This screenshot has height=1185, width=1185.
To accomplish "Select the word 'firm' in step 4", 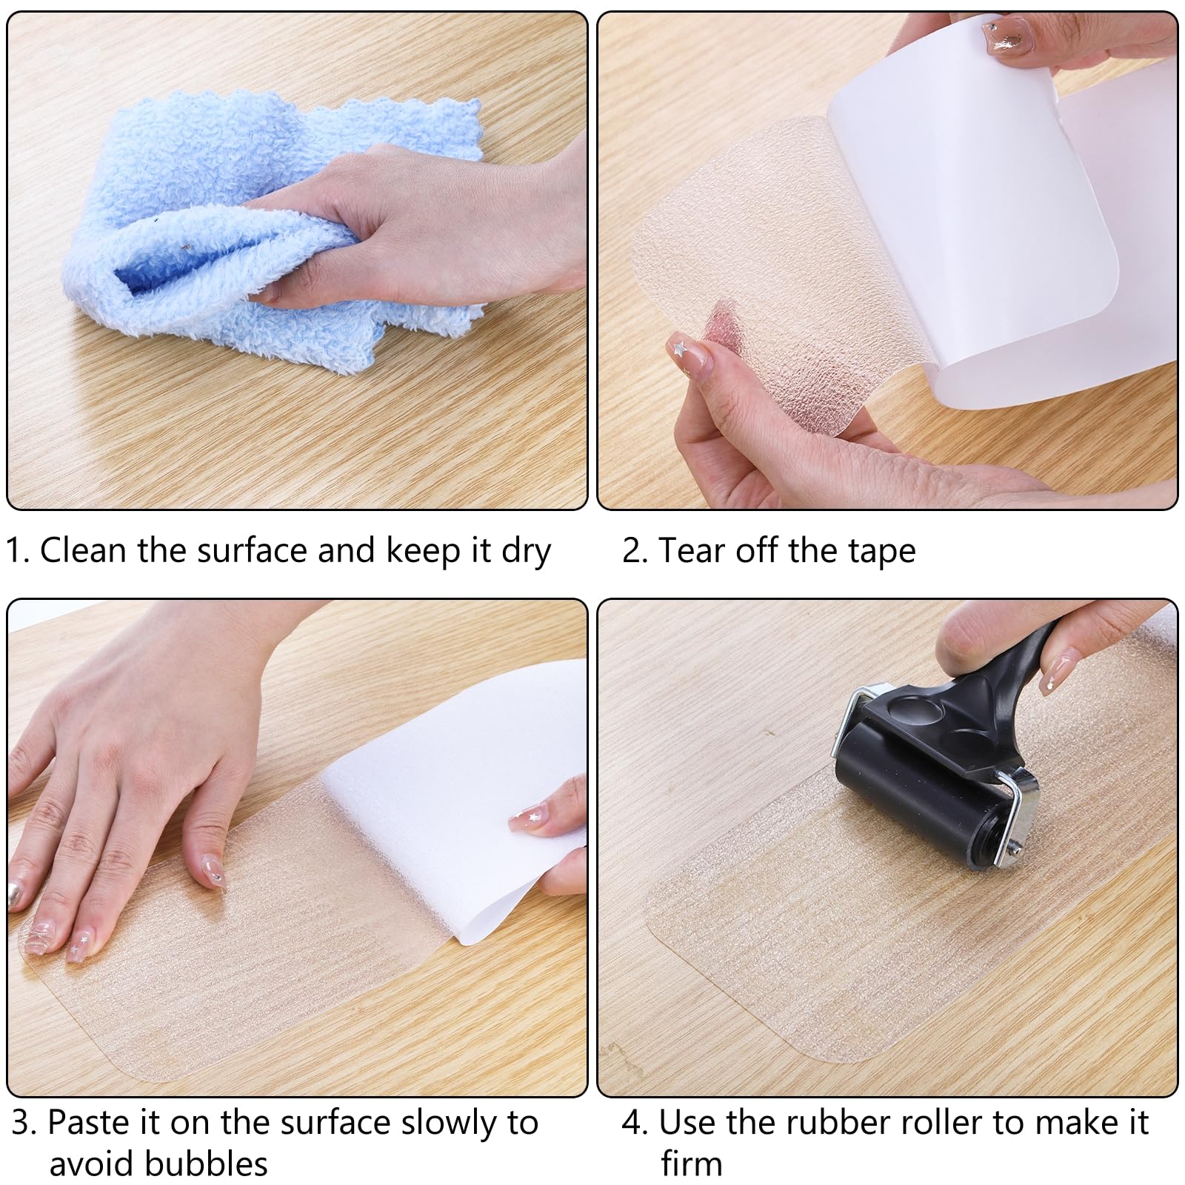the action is tap(691, 1164).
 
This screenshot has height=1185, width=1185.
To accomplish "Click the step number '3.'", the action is tap(24, 1124).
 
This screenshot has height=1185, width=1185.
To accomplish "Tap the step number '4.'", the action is tap(635, 1124).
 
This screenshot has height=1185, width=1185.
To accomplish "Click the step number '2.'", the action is tap(635, 552).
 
